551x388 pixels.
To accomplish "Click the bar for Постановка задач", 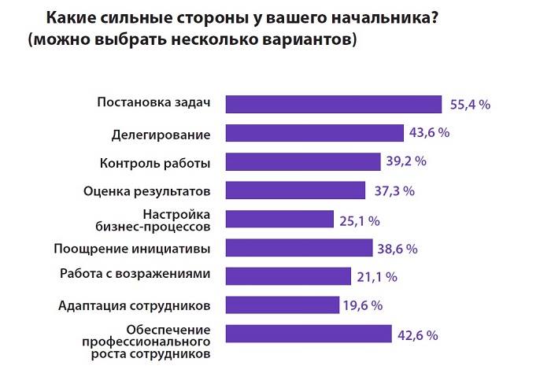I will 334,104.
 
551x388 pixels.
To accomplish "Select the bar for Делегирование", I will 315,133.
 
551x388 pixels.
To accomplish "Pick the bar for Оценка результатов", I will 296,190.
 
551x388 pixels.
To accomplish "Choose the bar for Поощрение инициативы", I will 299,248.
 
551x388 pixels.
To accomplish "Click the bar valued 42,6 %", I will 309,334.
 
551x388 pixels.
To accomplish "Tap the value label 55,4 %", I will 471,104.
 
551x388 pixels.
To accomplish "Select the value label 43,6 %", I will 429,133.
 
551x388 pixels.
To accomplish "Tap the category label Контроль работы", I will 155,163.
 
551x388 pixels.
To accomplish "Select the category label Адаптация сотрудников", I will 135,306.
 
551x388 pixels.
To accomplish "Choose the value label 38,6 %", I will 398,249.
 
